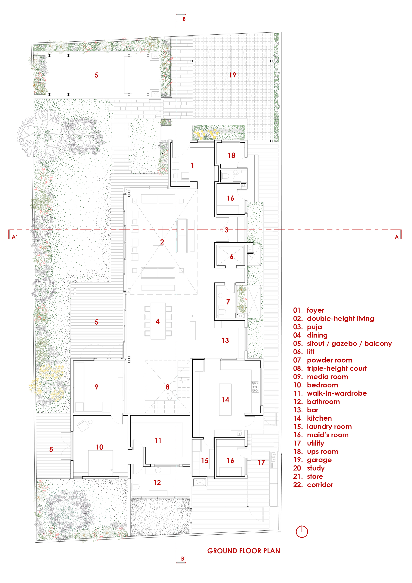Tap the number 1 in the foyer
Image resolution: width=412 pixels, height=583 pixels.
[193, 165]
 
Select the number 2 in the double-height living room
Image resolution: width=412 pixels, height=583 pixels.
[162, 242]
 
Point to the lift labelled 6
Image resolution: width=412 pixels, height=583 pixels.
[231, 257]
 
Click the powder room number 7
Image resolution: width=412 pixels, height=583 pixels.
[228, 302]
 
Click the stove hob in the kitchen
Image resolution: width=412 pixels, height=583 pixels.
[255, 387]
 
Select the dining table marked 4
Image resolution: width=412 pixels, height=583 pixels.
[158, 321]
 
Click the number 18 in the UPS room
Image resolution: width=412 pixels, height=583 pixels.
[232, 155]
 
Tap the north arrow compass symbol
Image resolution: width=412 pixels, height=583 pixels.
[302, 531]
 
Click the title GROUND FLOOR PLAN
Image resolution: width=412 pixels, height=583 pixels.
[243, 551]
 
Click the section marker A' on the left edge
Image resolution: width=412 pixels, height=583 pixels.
[14, 237]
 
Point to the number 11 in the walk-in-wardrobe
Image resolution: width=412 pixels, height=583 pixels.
[158, 440]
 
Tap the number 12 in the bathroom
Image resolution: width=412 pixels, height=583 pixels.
[157, 482]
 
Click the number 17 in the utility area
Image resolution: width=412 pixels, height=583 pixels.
[261, 463]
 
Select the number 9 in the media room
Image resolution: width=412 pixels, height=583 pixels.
[96, 387]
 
